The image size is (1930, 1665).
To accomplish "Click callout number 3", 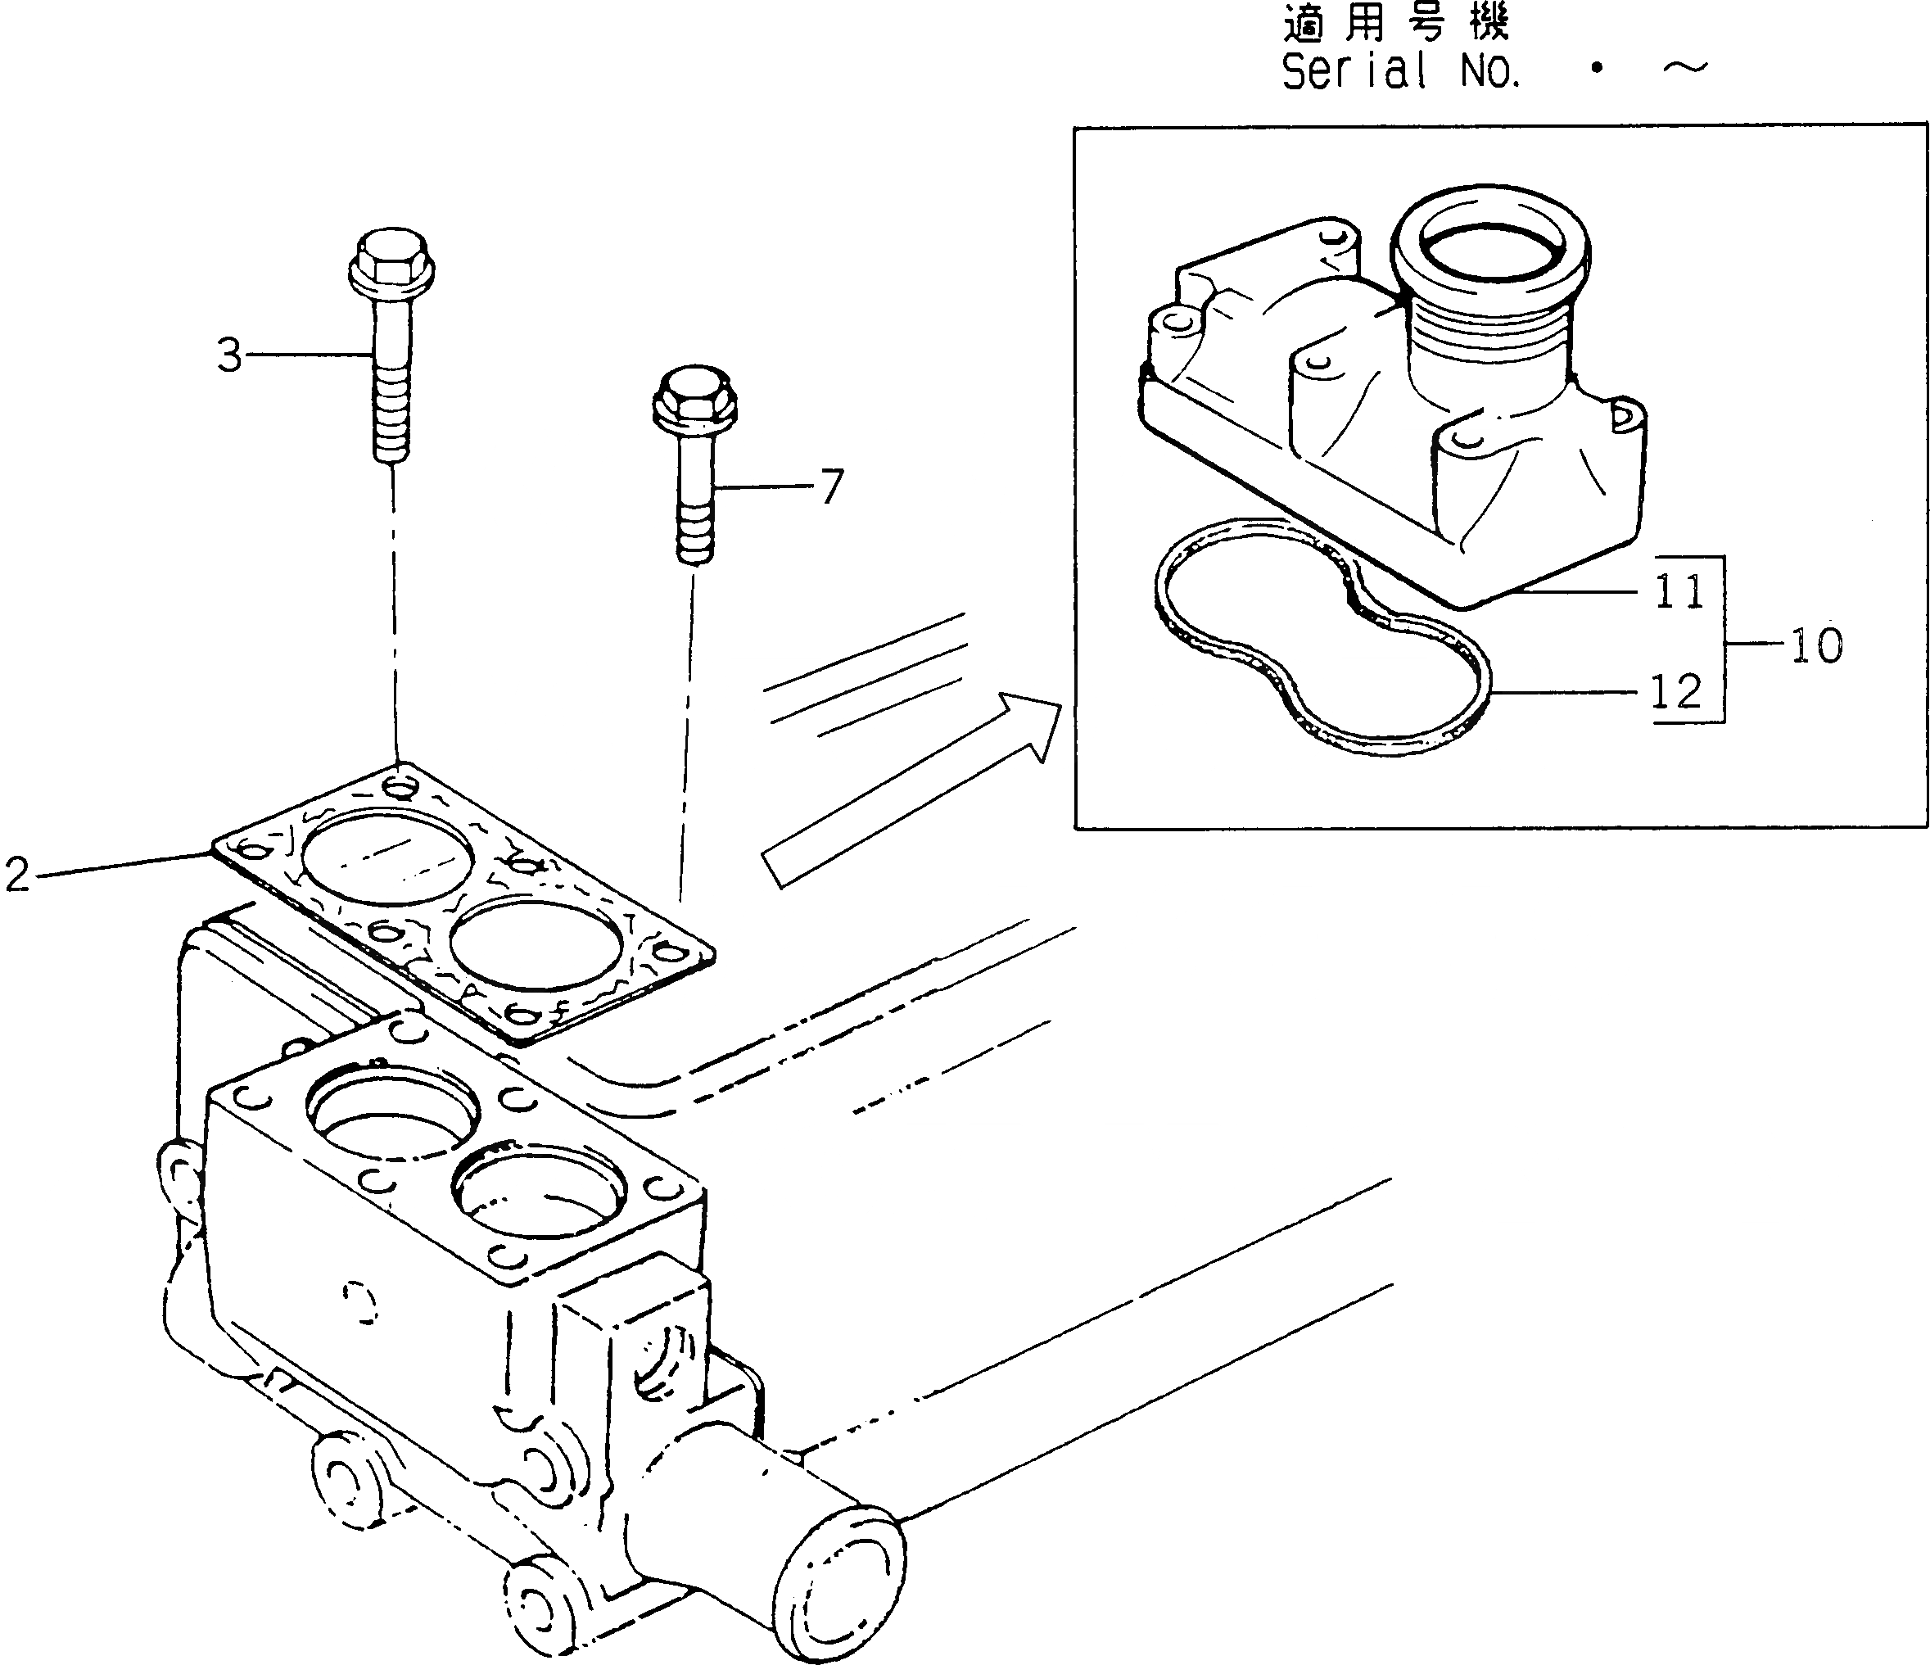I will (229, 355).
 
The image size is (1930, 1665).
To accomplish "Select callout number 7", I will (831, 486).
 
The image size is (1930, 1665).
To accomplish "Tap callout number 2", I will (18, 875).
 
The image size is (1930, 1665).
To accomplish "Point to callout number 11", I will (1679, 591).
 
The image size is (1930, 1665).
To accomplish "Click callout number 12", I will (1675, 691).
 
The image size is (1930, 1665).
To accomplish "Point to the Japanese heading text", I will (1394, 22).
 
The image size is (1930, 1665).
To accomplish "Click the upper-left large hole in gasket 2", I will (386, 855).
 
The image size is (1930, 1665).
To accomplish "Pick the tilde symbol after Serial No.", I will (1684, 68).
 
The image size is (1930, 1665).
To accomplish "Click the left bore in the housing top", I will (392, 1117).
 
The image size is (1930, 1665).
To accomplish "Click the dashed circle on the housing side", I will (359, 1302).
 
